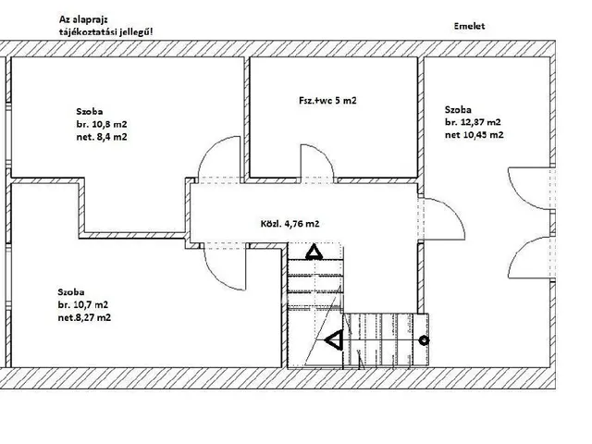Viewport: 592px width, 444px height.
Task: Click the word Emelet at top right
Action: [469, 26]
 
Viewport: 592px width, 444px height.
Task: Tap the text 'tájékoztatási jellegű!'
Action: [106, 32]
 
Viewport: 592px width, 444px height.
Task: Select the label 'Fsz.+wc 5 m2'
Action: [327, 101]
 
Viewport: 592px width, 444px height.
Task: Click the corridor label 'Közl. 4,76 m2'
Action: [290, 224]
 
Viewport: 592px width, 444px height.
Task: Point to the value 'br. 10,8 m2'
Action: [102, 124]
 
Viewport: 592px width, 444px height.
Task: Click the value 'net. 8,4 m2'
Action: [102, 137]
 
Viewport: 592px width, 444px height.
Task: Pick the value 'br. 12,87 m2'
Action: [473, 122]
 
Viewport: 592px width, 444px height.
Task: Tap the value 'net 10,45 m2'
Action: [475, 135]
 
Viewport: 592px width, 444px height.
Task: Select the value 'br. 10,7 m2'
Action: [83, 304]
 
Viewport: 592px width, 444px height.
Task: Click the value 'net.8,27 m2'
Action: [84, 317]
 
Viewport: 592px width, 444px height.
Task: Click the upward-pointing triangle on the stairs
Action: [314, 253]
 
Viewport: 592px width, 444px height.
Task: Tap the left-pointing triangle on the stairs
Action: [334, 340]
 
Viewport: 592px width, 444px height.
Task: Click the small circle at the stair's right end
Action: [425, 340]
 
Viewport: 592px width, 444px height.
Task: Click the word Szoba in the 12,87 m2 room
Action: [458, 110]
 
